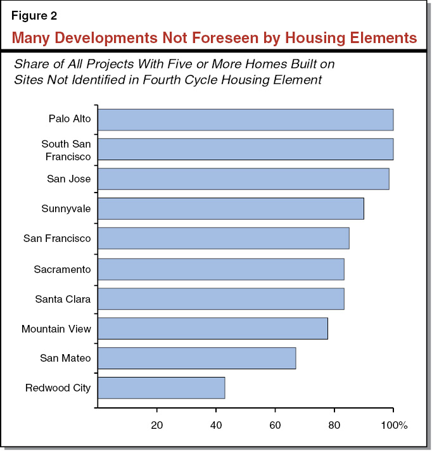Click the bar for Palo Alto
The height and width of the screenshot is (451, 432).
[245, 119]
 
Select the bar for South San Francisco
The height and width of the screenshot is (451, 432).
[245, 149]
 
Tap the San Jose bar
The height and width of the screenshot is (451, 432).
[243, 179]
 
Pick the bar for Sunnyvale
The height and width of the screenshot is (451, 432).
[231, 209]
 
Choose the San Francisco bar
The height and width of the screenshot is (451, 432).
[223, 239]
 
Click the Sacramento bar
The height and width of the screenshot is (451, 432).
[220, 269]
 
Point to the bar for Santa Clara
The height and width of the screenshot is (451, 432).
[220, 299]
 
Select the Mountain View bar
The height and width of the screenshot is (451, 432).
[212, 329]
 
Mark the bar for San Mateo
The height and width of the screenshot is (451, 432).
[196, 359]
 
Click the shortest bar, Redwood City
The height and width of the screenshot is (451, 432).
[161, 388]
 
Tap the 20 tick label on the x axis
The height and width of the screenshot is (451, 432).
[156, 425]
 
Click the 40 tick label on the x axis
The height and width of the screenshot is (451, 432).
[216, 425]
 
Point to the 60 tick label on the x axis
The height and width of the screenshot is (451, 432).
[275, 425]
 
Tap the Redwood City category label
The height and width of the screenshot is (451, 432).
[58, 388]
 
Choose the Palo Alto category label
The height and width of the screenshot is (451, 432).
[70, 119]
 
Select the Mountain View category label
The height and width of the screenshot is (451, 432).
[56, 329]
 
